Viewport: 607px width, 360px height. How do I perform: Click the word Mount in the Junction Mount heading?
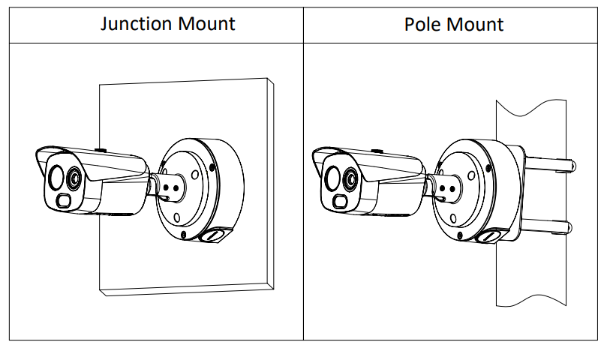point(206,23)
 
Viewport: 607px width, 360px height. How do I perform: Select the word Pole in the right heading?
point(421,24)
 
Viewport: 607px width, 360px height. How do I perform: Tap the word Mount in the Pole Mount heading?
point(476,24)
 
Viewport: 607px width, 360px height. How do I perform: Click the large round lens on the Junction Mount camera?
point(56,178)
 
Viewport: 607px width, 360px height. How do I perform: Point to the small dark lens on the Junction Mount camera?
point(74,178)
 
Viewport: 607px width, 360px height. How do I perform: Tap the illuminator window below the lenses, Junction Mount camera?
point(64,200)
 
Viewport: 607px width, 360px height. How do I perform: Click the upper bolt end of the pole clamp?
point(570,163)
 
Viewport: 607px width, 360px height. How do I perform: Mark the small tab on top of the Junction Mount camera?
point(103,150)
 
